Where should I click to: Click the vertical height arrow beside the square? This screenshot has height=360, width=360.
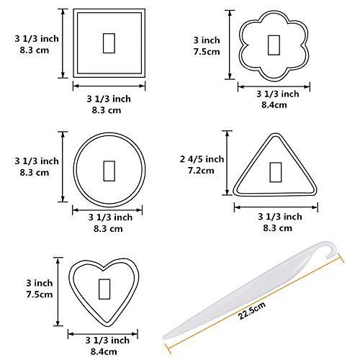[64, 42]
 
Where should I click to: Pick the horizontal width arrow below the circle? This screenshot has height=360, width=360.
[108, 210]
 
